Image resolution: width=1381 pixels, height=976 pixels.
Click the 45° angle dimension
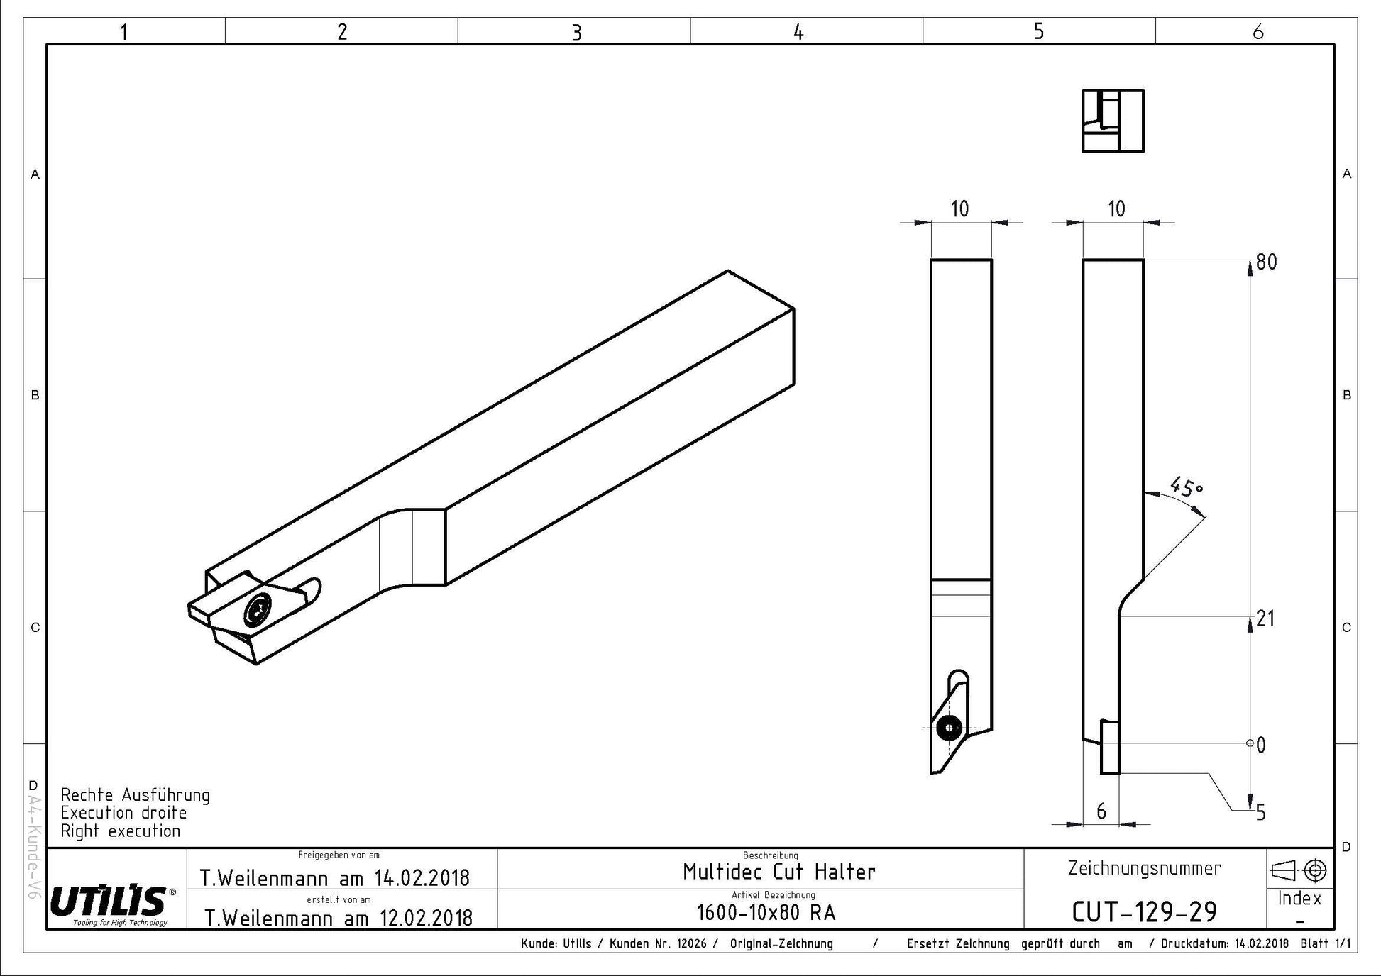1187,487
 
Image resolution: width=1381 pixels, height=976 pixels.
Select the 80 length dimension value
1267,262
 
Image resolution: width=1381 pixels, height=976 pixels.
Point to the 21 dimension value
1265,619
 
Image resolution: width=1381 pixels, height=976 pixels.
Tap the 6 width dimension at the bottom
1101,811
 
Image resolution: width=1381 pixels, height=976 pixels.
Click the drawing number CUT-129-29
1144,911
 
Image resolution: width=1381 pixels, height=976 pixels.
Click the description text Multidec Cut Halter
779,871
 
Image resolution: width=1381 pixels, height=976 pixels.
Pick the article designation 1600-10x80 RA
766,912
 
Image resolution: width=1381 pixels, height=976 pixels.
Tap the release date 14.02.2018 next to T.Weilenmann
422,878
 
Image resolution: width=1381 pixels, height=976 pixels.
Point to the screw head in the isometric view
257,609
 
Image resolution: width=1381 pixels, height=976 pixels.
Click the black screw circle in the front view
949,728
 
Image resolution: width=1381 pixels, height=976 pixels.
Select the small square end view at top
1113,121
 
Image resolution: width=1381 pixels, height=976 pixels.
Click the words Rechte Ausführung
136,795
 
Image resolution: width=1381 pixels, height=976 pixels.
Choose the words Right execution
121,831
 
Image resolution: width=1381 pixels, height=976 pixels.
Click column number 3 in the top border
576,33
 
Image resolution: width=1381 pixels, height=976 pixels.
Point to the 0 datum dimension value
1261,745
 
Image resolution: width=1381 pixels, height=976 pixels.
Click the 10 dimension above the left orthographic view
959,209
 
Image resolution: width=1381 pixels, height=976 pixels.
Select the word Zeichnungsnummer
1145,868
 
